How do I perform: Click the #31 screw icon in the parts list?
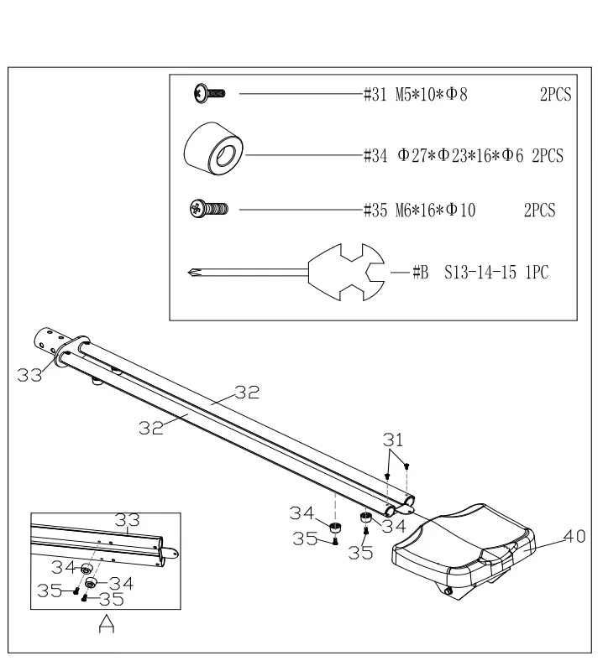[208, 94]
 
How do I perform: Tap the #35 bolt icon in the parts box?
[209, 208]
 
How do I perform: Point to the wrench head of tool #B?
[346, 272]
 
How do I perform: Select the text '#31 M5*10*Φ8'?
[415, 95]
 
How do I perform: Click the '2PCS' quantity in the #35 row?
[539, 211]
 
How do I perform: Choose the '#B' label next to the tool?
[421, 273]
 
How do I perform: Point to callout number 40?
[574, 537]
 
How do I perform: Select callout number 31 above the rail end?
[393, 439]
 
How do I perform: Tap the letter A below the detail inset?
[107, 625]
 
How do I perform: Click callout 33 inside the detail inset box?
[128, 521]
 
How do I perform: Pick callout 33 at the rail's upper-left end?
[30, 376]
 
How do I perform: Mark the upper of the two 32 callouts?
[247, 392]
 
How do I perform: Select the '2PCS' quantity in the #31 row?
[555, 95]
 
